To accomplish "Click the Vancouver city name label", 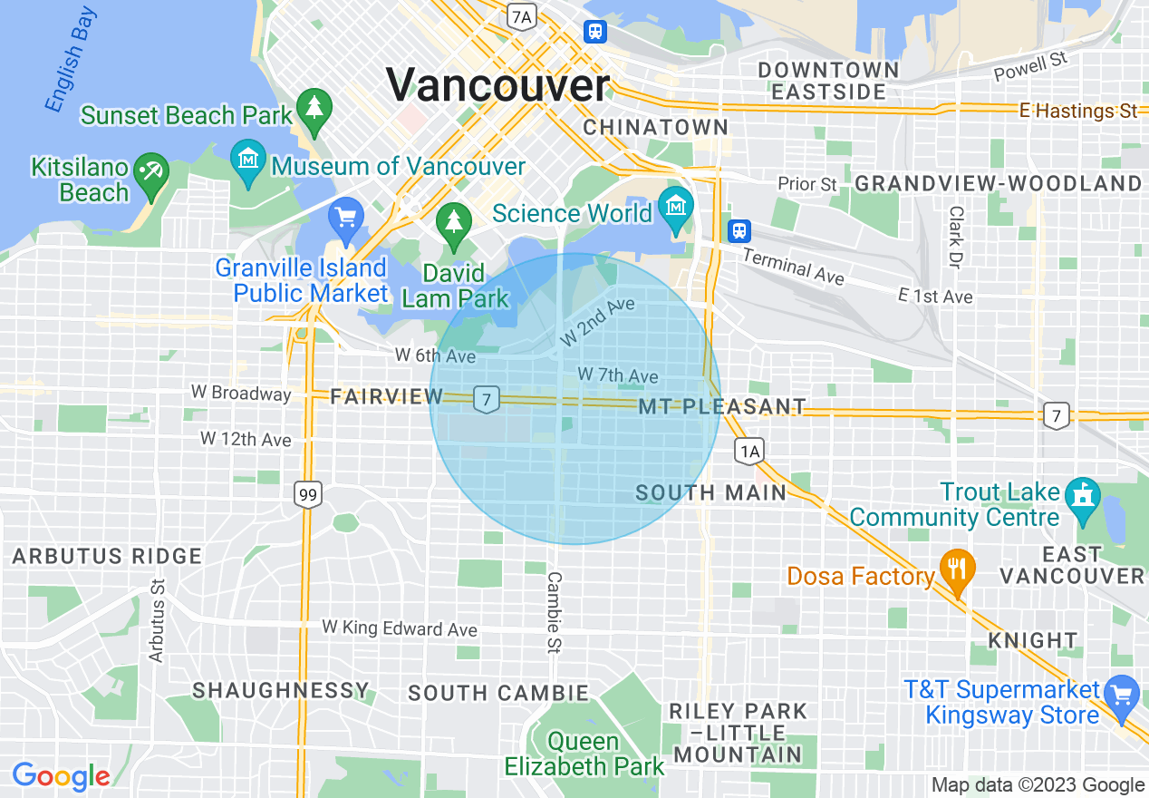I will click(497, 85).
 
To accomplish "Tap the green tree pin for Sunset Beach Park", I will click(314, 112).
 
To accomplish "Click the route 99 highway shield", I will click(308, 495).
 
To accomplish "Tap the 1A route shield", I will click(749, 451).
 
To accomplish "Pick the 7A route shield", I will click(520, 15).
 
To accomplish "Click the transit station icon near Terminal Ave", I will click(740, 230).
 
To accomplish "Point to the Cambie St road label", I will click(554, 612).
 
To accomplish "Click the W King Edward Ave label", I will click(400, 628).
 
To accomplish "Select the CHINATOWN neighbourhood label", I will click(655, 127).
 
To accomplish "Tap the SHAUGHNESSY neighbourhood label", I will click(281, 691).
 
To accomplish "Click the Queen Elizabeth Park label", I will click(584, 754).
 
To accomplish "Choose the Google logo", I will click(61, 776).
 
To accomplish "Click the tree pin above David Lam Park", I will click(454, 224).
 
